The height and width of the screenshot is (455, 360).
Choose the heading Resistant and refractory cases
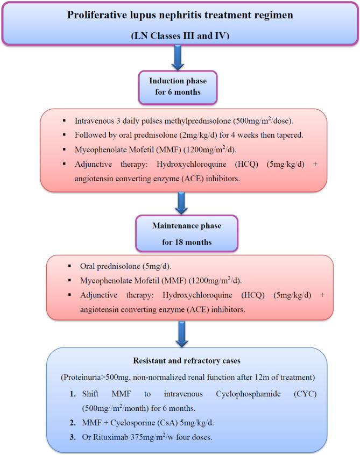tap(180, 362)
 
